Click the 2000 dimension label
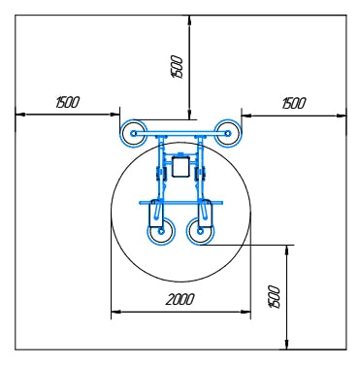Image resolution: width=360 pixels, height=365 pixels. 180,299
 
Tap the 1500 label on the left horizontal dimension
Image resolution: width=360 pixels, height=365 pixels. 67,102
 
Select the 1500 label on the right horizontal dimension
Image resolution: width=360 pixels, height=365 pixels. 293,103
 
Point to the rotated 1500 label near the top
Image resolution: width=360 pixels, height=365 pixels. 178,66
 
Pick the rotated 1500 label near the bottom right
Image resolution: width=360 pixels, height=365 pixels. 274,297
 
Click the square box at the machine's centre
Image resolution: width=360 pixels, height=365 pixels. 180,167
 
